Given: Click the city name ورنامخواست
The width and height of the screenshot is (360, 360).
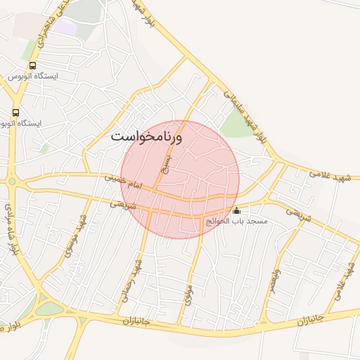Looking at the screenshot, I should pyautogui.click(x=146, y=136).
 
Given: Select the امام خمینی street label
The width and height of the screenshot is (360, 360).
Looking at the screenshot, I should pyautogui.click(x=124, y=183).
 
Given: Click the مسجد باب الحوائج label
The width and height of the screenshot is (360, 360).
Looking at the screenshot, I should pyautogui.click(x=236, y=221).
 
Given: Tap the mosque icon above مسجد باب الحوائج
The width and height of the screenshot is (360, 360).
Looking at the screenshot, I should pyautogui.click(x=236, y=210).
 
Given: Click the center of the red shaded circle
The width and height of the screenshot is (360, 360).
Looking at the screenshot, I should pyautogui.click(x=180, y=179).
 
